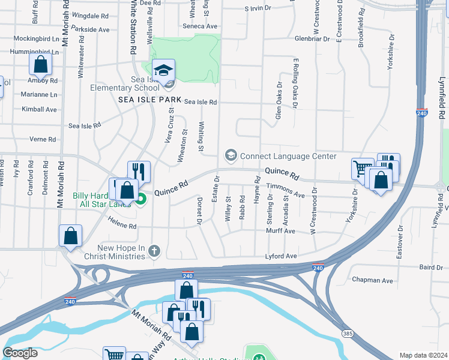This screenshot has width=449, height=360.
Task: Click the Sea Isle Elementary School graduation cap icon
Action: pos(163,71)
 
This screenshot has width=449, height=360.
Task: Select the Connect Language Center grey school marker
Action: pos(230,156)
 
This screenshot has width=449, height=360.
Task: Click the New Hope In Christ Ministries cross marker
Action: pos(154,251)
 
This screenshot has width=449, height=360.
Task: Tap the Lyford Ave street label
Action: pos(282,256)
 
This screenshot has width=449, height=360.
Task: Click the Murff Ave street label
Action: pos(281,231)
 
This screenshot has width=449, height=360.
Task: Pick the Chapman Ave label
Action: pos(372,280)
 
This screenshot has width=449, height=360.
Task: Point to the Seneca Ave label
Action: pos(203,26)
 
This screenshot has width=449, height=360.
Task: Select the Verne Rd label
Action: pos(42,139)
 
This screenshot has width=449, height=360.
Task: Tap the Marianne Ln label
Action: pos(38,94)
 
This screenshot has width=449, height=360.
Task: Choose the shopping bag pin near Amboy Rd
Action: pos(40,64)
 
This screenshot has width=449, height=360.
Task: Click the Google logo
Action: pos(20,353)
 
